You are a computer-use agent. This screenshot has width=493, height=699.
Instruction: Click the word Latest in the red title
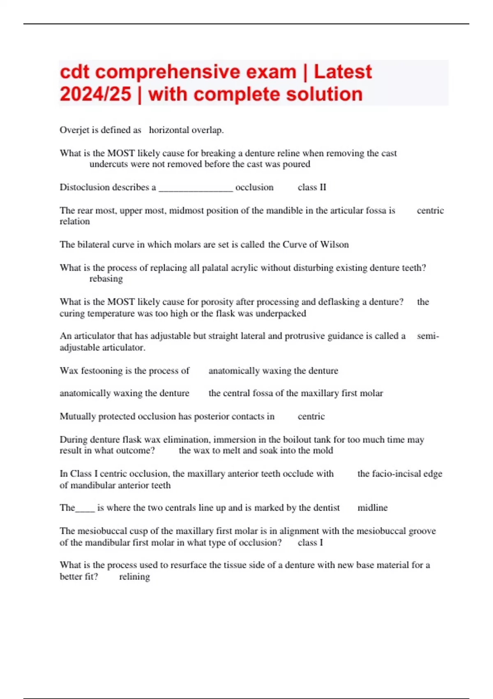pyautogui.click(x=343, y=72)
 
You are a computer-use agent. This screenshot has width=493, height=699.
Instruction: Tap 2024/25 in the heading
pyautogui.click(x=95, y=94)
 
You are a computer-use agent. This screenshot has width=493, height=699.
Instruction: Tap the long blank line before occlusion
pyautogui.click(x=196, y=189)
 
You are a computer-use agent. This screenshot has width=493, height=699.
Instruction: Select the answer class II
pyautogui.click(x=312, y=187)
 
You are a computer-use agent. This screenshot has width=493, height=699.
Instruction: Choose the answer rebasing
pyautogui.click(x=106, y=279)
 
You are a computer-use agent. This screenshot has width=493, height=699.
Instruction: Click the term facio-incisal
pyautogui.click(x=396, y=474)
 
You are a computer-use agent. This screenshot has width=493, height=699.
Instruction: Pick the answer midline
pyautogui.click(x=373, y=508)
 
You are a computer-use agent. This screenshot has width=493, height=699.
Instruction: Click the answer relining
pyautogui.click(x=134, y=576)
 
